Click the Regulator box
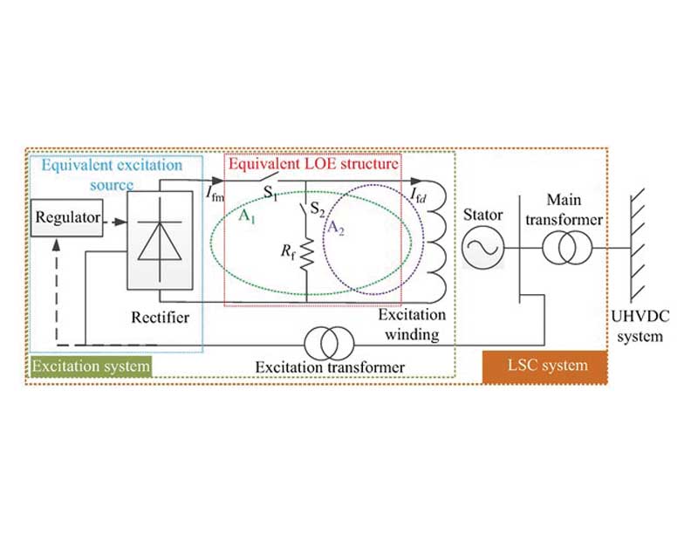pyautogui.click(x=66, y=217)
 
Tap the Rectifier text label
pyautogui.click(x=160, y=318)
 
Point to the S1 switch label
pyautogui.click(x=270, y=193)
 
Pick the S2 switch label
pyautogui.click(x=318, y=209)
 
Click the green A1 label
pyautogui.click(x=247, y=216)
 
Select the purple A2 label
pyautogui.click(x=335, y=228)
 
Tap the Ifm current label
pyautogui.click(x=215, y=194)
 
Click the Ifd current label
pyautogui.click(x=418, y=195)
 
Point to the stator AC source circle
pyautogui.click(x=482, y=248)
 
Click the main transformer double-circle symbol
pyautogui.click(x=567, y=248)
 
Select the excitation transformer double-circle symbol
pyautogui.click(x=329, y=344)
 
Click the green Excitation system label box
pyautogui.click(x=92, y=366)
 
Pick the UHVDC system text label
pyautogui.click(x=640, y=326)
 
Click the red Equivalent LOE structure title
pyautogui.click(x=313, y=164)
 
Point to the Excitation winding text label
pyautogui.click(x=412, y=325)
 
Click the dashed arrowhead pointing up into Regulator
pyautogui.click(x=57, y=245)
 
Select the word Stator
pyautogui.click(x=483, y=215)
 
